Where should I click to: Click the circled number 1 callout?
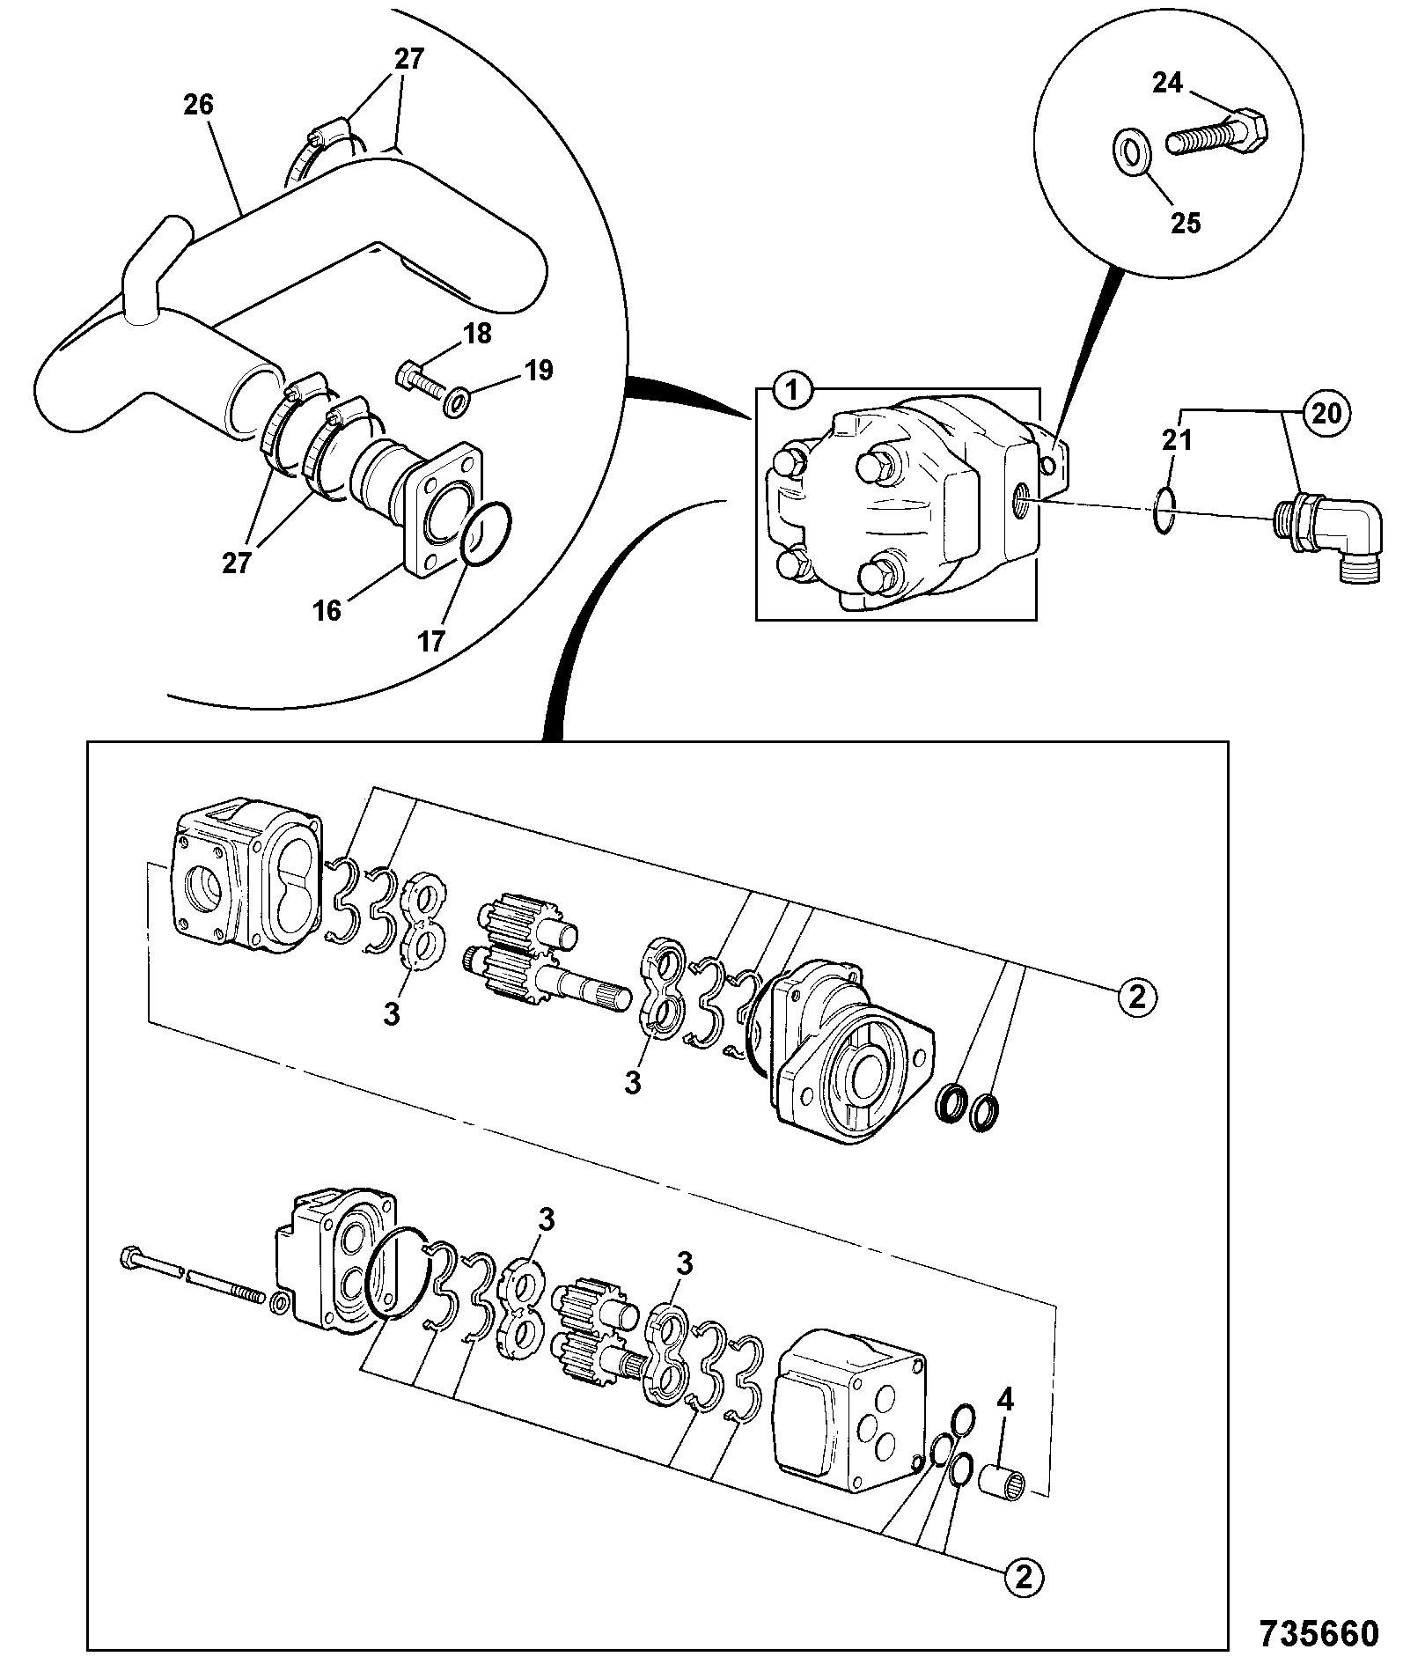pyautogui.click(x=792, y=391)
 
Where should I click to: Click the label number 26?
pyautogui.click(x=199, y=106)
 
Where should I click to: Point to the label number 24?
pyautogui.click(x=1168, y=83)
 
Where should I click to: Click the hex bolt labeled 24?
pyautogui.click(x=1218, y=134)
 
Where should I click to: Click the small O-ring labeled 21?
pyautogui.click(x=1162, y=512)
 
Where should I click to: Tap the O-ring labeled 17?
pyautogui.click(x=482, y=536)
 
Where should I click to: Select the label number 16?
pyautogui.click(x=327, y=610)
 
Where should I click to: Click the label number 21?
pyautogui.click(x=1178, y=439)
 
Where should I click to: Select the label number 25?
pyautogui.click(x=1186, y=223)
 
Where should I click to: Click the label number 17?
pyautogui.click(x=431, y=642)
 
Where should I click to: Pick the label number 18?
pyautogui.click(x=476, y=335)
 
